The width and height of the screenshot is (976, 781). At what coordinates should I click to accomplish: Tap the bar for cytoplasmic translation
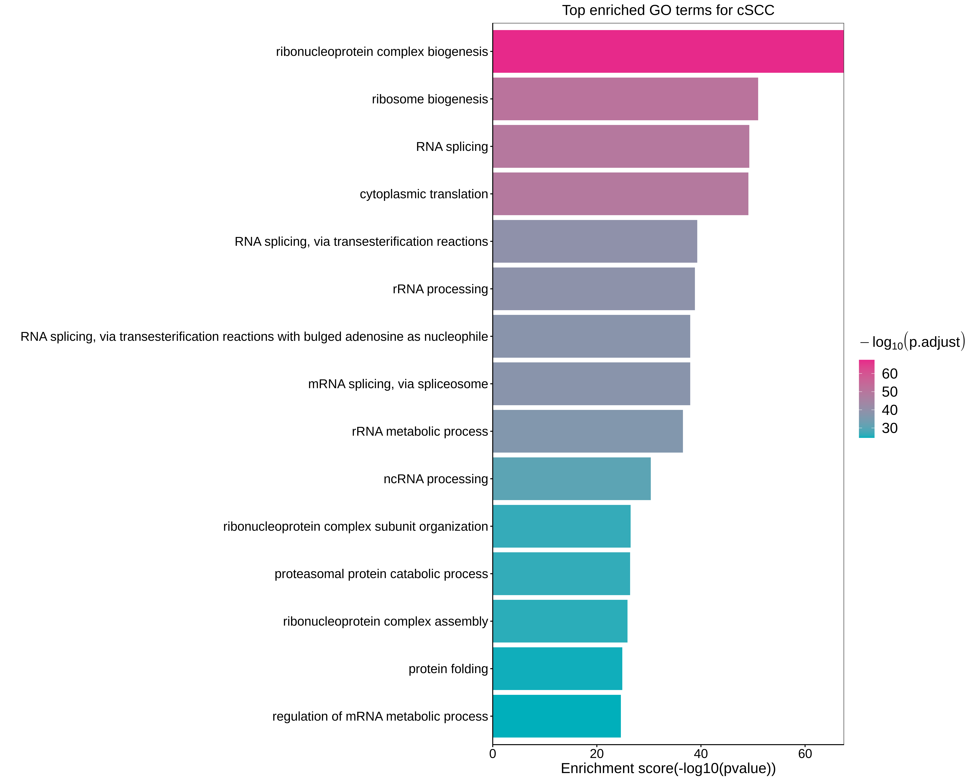[620, 194]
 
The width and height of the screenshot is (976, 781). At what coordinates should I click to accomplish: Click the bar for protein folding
[557, 668]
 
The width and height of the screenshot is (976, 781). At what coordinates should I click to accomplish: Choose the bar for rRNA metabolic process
[588, 431]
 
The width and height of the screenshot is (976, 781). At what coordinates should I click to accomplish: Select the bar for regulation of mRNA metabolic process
[556, 716]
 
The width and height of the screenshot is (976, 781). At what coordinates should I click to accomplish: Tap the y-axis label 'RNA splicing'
[452, 147]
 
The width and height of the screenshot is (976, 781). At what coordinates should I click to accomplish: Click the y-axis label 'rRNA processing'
[440, 289]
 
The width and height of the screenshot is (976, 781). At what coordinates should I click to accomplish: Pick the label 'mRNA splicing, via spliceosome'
[398, 384]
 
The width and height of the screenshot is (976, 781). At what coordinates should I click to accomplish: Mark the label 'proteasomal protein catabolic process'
[381, 574]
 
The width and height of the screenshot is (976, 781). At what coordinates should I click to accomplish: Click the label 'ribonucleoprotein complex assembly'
[385, 621]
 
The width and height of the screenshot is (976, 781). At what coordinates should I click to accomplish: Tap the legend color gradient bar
[866, 398]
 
